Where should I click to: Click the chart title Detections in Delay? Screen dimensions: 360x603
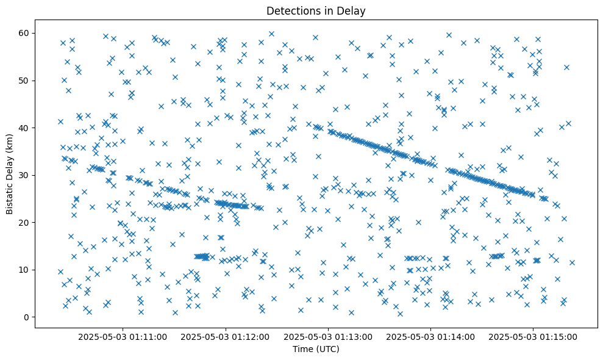click(316, 10)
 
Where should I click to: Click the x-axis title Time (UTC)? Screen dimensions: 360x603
click(316, 349)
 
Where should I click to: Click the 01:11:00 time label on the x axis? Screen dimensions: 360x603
click(123, 336)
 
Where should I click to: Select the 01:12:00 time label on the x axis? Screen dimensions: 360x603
click(226, 336)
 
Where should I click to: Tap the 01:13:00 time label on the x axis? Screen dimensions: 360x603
click(328, 336)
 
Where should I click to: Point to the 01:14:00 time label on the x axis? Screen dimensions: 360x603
click(431, 336)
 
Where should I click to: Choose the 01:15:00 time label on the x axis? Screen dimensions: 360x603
click(533, 336)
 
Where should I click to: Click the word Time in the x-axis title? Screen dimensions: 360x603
click(302, 349)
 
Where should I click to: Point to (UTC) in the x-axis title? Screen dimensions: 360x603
click(326, 349)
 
